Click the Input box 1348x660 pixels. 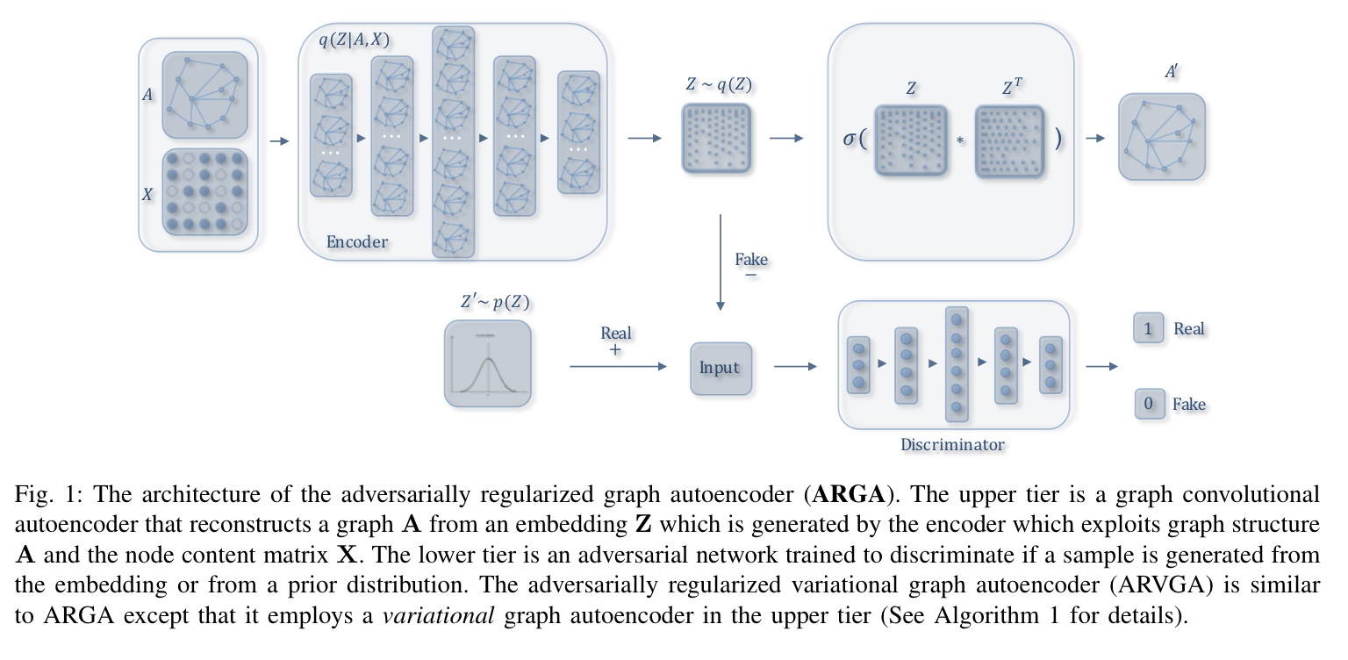tap(720, 367)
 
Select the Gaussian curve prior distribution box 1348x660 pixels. tap(488, 363)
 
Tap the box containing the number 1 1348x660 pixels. tap(1149, 329)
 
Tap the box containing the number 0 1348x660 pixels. tap(1149, 405)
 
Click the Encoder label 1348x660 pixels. tap(356, 242)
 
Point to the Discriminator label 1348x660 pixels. tap(952, 444)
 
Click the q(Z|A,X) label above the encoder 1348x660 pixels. tap(354, 39)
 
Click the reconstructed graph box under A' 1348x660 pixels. tap(1161, 137)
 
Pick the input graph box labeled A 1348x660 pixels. tap(205, 95)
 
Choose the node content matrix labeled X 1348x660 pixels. tap(205, 195)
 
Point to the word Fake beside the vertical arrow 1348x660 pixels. tap(750, 259)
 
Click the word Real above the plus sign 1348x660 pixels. tap(616, 333)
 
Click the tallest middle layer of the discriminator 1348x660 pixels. tap(957, 364)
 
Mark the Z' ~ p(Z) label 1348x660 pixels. tap(495, 302)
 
